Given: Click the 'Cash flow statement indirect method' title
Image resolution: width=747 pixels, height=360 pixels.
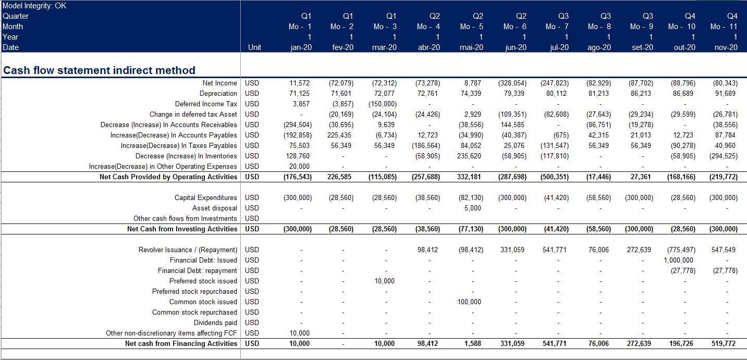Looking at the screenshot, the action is (x=99, y=70).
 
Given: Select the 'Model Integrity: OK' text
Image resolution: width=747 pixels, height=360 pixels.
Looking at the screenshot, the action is (x=34, y=6).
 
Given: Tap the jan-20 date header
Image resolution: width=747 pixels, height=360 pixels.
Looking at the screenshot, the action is (x=301, y=47).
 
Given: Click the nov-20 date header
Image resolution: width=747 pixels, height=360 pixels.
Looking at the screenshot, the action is (x=726, y=47).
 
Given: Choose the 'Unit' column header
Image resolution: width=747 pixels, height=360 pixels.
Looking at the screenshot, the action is (x=254, y=47).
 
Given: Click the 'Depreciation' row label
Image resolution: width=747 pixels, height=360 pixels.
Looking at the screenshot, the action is (x=218, y=93).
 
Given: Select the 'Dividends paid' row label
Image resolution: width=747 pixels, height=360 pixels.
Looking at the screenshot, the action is (x=215, y=322).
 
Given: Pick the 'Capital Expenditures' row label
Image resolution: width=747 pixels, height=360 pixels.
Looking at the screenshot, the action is (x=206, y=197).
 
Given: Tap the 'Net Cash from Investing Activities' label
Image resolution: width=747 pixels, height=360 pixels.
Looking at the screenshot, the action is (x=182, y=229).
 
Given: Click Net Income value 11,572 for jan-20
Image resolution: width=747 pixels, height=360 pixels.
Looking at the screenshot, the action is (x=299, y=83).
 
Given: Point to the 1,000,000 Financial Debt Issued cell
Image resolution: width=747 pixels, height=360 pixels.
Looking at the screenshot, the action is (x=678, y=260).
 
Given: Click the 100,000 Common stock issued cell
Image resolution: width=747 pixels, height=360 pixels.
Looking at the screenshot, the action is (x=469, y=302).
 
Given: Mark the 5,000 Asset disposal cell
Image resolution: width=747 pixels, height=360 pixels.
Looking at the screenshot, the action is (x=473, y=208).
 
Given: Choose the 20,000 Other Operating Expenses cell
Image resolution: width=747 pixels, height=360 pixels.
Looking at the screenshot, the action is (x=299, y=166).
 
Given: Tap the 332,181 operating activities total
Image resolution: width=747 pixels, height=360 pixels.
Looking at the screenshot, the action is (x=469, y=177).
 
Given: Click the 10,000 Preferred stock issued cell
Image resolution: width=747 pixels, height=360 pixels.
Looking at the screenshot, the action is (x=384, y=281).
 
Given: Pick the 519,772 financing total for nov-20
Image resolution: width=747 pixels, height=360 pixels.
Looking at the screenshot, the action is (x=724, y=343).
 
